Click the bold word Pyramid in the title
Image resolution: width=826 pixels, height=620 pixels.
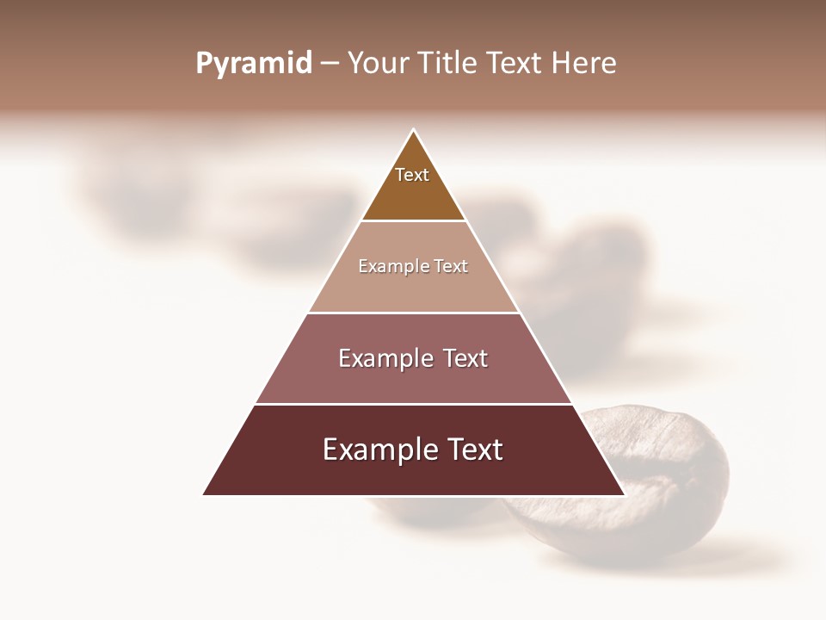tap(254, 64)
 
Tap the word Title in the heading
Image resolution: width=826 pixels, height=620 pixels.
tap(449, 64)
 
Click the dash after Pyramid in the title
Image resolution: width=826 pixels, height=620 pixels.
tap(330, 65)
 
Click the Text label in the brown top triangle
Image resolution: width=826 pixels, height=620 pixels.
tap(412, 175)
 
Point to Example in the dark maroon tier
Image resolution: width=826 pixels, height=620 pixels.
tap(373, 449)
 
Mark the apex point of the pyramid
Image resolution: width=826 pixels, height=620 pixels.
tap(414, 130)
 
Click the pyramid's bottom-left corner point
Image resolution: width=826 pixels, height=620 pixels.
tap(204, 494)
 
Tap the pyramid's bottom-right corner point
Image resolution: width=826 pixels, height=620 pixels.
tap(624, 494)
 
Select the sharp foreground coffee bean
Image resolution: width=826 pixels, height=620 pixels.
tap(654, 482)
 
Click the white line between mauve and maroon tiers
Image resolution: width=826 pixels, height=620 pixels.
tap(414, 404)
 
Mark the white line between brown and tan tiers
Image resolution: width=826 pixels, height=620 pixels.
tap(414, 220)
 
